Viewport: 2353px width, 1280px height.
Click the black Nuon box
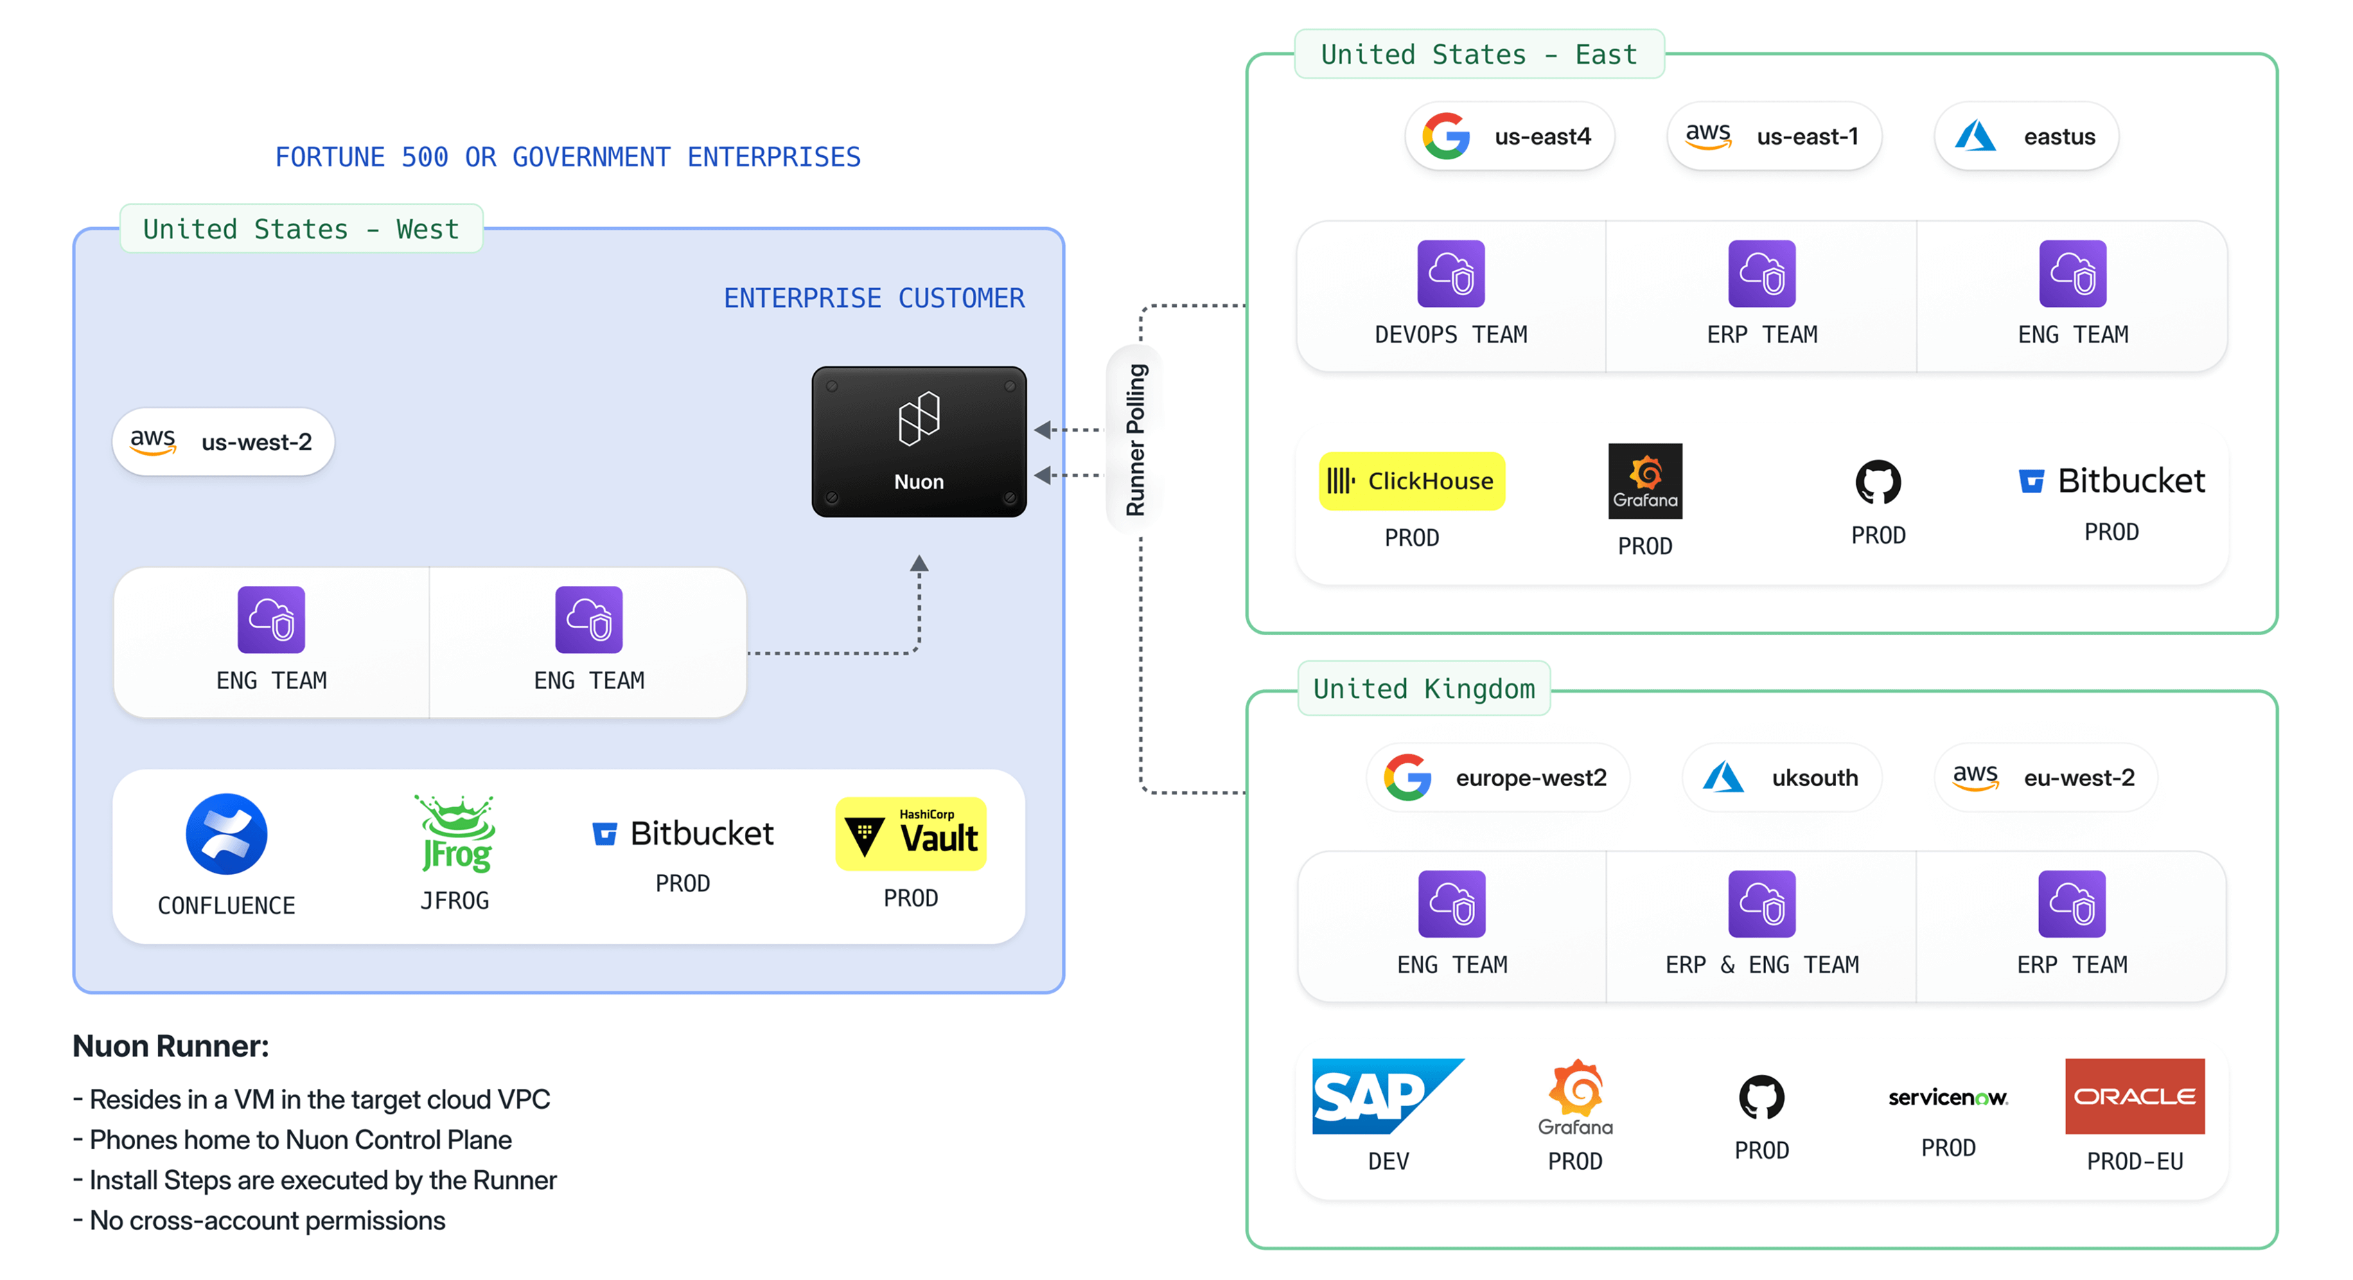(x=919, y=442)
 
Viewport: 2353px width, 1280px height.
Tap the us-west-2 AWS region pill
(x=223, y=442)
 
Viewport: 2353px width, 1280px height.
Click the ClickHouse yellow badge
(x=1411, y=481)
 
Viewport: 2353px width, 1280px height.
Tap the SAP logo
(x=1386, y=1096)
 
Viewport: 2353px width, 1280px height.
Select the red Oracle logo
(x=2135, y=1096)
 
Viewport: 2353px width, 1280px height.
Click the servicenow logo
(x=1948, y=1097)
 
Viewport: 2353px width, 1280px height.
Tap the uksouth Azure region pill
(x=1781, y=778)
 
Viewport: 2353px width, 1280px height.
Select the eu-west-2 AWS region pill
(x=2045, y=778)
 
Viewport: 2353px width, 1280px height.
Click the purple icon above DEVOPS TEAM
(x=1450, y=274)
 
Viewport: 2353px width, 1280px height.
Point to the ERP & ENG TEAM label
(x=1761, y=965)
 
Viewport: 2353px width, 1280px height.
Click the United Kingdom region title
(x=1424, y=689)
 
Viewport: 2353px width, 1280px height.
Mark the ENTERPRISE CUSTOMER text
(x=874, y=299)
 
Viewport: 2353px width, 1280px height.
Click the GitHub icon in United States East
(x=1878, y=482)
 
